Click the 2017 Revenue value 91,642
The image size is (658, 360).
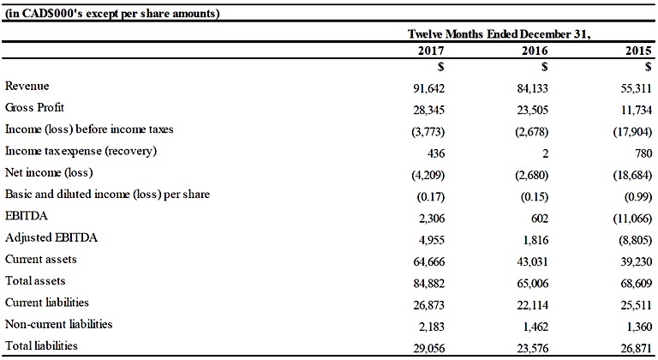coord(429,88)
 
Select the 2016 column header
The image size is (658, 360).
coord(535,51)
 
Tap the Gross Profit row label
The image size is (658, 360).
coord(34,107)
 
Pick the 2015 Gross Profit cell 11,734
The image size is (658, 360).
coord(637,110)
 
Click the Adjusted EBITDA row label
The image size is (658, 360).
coord(51,237)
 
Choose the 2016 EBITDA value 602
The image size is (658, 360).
coord(540,219)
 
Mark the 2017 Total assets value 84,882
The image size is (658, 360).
coord(429,284)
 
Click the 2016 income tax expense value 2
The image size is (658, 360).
coord(545,153)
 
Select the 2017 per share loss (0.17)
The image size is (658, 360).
coord(431,197)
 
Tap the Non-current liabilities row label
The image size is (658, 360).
coord(59,324)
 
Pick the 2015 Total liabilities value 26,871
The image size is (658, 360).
coord(637,349)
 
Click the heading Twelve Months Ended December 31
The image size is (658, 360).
coord(499,34)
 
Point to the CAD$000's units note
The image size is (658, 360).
coord(112,14)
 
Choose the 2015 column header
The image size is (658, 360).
coord(638,51)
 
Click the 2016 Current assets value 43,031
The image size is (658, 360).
coord(533,261)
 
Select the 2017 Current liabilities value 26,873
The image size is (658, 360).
coord(429,305)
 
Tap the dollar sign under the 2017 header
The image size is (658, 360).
coord(440,67)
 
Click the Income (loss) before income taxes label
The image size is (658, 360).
coord(89,129)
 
